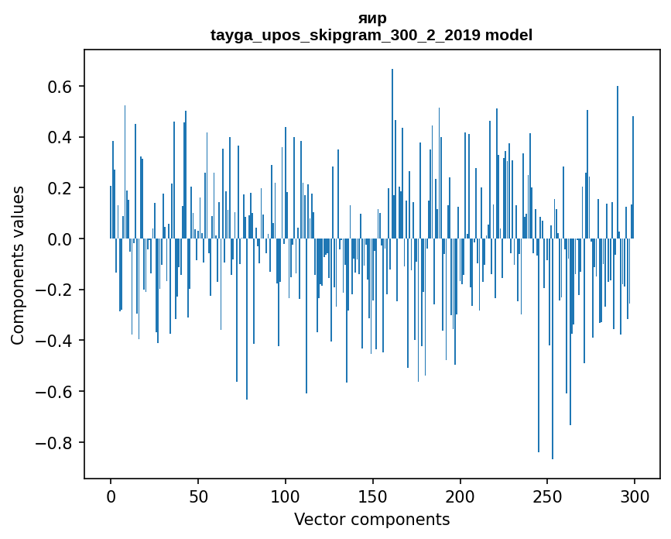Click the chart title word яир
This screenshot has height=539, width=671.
point(372,18)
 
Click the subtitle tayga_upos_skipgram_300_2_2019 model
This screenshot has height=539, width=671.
point(371,35)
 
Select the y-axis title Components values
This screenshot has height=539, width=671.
point(18,265)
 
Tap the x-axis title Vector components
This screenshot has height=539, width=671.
point(371,520)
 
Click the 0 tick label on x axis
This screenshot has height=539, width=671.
point(111,496)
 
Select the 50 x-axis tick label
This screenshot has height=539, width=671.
point(198,496)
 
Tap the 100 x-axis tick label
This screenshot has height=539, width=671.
point(286,496)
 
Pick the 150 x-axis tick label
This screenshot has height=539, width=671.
point(373,496)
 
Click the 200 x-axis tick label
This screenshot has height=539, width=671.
point(460,496)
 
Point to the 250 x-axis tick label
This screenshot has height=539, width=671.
point(548,496)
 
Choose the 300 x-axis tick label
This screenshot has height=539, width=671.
point(635,496)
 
